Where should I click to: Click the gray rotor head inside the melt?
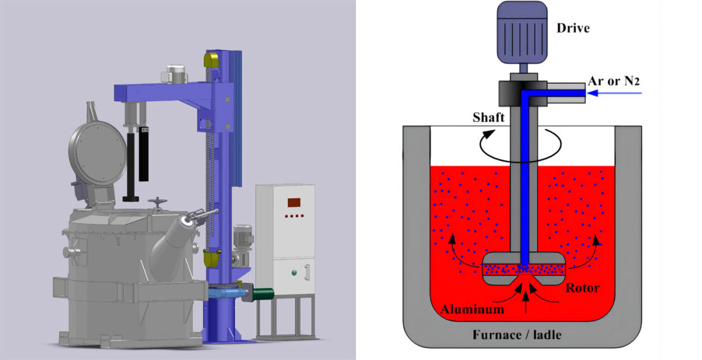[x=522, y=268]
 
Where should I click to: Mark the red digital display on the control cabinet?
[x=293, y=203]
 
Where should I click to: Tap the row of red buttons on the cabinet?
[x=293, y=216]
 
